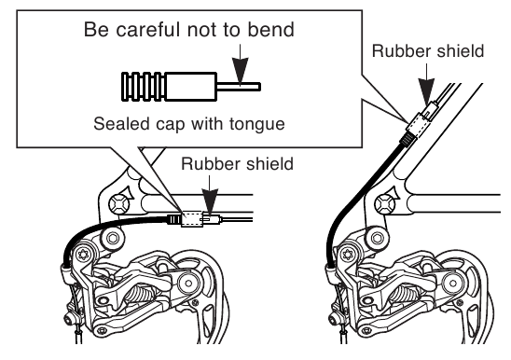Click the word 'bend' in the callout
[270, 29]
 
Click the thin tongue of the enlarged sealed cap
[238, 87]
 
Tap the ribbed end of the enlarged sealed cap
[144, 87]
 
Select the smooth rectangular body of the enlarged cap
[191, 87]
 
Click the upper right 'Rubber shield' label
[428, 51]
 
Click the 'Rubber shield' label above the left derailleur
[237, 163]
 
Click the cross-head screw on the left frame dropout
[119, 205]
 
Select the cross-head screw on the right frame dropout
[385, 205]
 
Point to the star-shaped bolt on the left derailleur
[84, 254]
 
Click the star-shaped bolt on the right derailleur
[348, 254]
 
